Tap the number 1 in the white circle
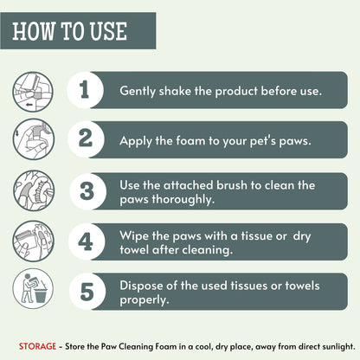click(x=84, y=89)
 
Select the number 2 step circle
click(x=84, y=138)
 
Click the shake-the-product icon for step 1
click(x=32, y=89)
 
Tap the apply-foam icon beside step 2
click(x=32, y=138)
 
